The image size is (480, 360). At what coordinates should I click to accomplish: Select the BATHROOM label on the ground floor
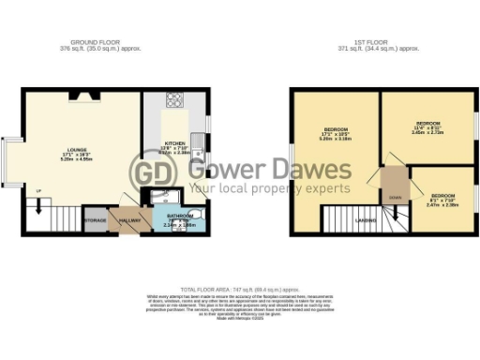click(179, 215)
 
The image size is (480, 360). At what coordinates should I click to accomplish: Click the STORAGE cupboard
click(95, 220)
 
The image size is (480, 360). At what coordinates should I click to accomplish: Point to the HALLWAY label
click(128, 221)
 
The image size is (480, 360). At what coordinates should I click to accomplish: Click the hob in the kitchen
click(174, 100)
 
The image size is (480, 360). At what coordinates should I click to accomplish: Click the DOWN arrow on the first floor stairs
click(395, 197)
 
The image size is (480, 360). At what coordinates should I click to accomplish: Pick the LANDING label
click(367, 221)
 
